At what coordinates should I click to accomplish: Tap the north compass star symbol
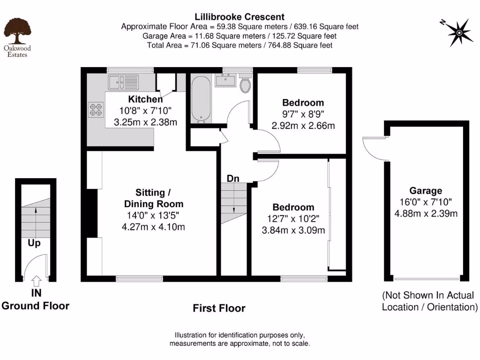point(458,32)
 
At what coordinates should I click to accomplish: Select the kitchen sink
point(123,82)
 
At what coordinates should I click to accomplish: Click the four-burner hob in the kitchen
point(96,110)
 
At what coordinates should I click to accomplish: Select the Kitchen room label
point(146,99)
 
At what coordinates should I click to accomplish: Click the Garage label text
point(426,191)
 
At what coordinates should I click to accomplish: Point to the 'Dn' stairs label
point(233,179)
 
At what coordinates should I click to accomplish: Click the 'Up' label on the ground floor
point(34,243)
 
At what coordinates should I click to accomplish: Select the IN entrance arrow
point(36,280)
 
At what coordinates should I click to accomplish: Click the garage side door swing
point(375,148)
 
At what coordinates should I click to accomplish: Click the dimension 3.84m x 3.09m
point(293,230)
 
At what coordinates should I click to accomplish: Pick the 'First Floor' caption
point(219,308)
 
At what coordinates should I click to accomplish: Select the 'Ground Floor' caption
point(36,306)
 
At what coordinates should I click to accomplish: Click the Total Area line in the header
point(240,45)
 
